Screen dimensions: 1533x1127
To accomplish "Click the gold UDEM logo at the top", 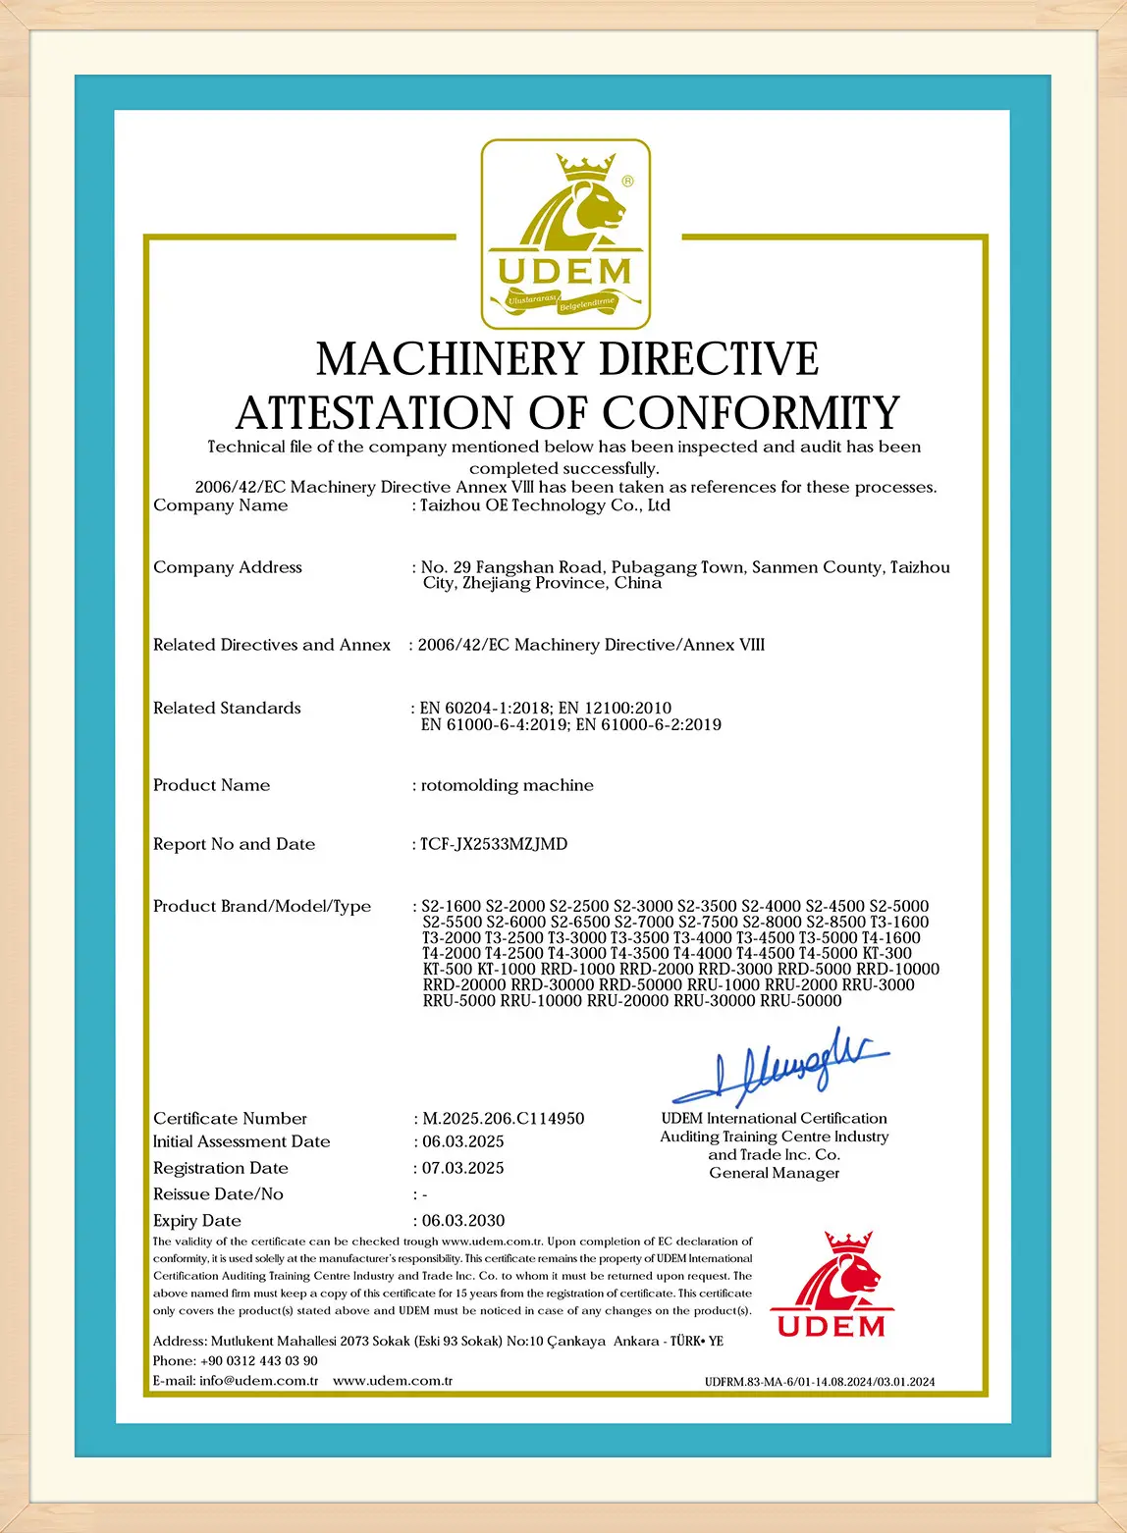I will pyautogui.click(x=564, y=234).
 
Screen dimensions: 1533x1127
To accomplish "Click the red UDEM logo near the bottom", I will pyautogui.click(x=832, y=1285).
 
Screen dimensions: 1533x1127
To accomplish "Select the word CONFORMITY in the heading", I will pyautogui.click(x=751, y=412).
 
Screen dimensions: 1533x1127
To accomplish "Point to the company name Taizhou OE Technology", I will pyautogui.click(x=545, y=505).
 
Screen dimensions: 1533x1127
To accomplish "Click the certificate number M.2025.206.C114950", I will pyautogui.click(x=503, y=1118).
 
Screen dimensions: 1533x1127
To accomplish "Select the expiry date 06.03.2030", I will pyautogui.click(x=462, y=1221).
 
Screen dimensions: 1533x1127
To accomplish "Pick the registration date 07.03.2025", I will pyautogui.click(x=462, y=1168).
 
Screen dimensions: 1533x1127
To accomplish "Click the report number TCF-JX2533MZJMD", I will pyautogui.click(x=494, y=844).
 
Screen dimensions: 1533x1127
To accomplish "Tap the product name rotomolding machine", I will pyautogui.click(x=507, y=785).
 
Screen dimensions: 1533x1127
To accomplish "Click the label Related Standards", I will pyautogui.click(x=227, y=708).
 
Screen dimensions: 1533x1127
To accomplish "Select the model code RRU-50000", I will pyautogui.click(x=801, y=1001).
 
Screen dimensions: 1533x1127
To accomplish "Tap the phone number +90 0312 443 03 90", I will pyautogui.click(x=258, y=1361).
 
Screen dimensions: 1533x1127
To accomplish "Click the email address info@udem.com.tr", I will pyautogui.click(x=258, y=1381).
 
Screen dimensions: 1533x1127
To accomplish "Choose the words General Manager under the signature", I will pyautogui.click(x=775, y=1174).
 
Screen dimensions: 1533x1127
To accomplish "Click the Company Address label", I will pyautogui.click(x=228, y=567).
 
